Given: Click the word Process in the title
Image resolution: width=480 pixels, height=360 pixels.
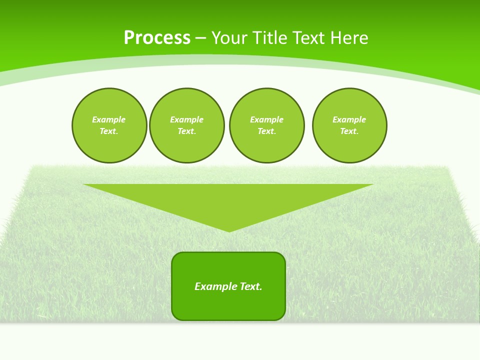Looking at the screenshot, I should [157, 38].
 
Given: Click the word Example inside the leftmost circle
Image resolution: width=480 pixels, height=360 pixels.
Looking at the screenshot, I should [109, 119].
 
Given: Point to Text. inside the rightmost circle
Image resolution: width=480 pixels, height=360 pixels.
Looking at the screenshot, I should [349, 131].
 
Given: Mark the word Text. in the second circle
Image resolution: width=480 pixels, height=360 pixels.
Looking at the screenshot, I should [186, 131].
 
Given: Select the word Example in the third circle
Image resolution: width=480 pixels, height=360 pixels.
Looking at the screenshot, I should [266, 119].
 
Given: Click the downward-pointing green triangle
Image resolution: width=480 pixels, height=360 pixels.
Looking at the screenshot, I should [228, 200].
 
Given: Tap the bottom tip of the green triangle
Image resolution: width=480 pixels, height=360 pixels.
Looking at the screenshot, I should [229, 230].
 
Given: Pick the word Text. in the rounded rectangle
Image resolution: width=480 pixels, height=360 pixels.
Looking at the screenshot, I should [250, 286].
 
